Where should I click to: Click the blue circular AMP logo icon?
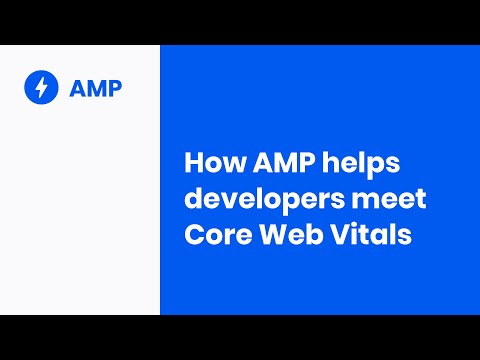coord(41,87)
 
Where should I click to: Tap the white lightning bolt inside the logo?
coord(41,87)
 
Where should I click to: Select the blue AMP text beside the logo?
coord(96,88)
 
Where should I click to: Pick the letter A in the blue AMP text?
coord(78,88)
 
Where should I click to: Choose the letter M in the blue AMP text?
coord(96,88)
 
